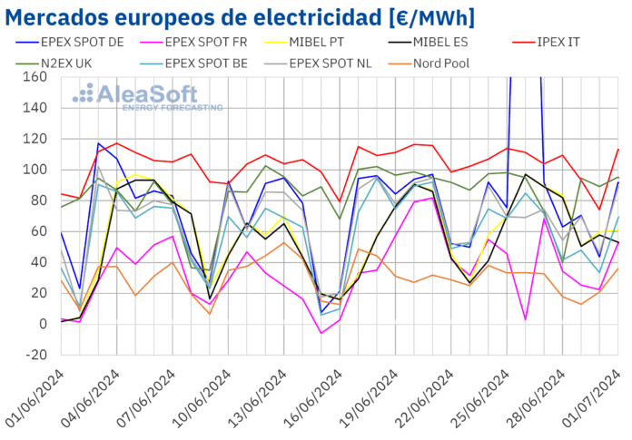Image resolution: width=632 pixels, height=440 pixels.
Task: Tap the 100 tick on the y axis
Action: [35, 170]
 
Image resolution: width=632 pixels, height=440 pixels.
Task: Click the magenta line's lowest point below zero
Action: [321, 333]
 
